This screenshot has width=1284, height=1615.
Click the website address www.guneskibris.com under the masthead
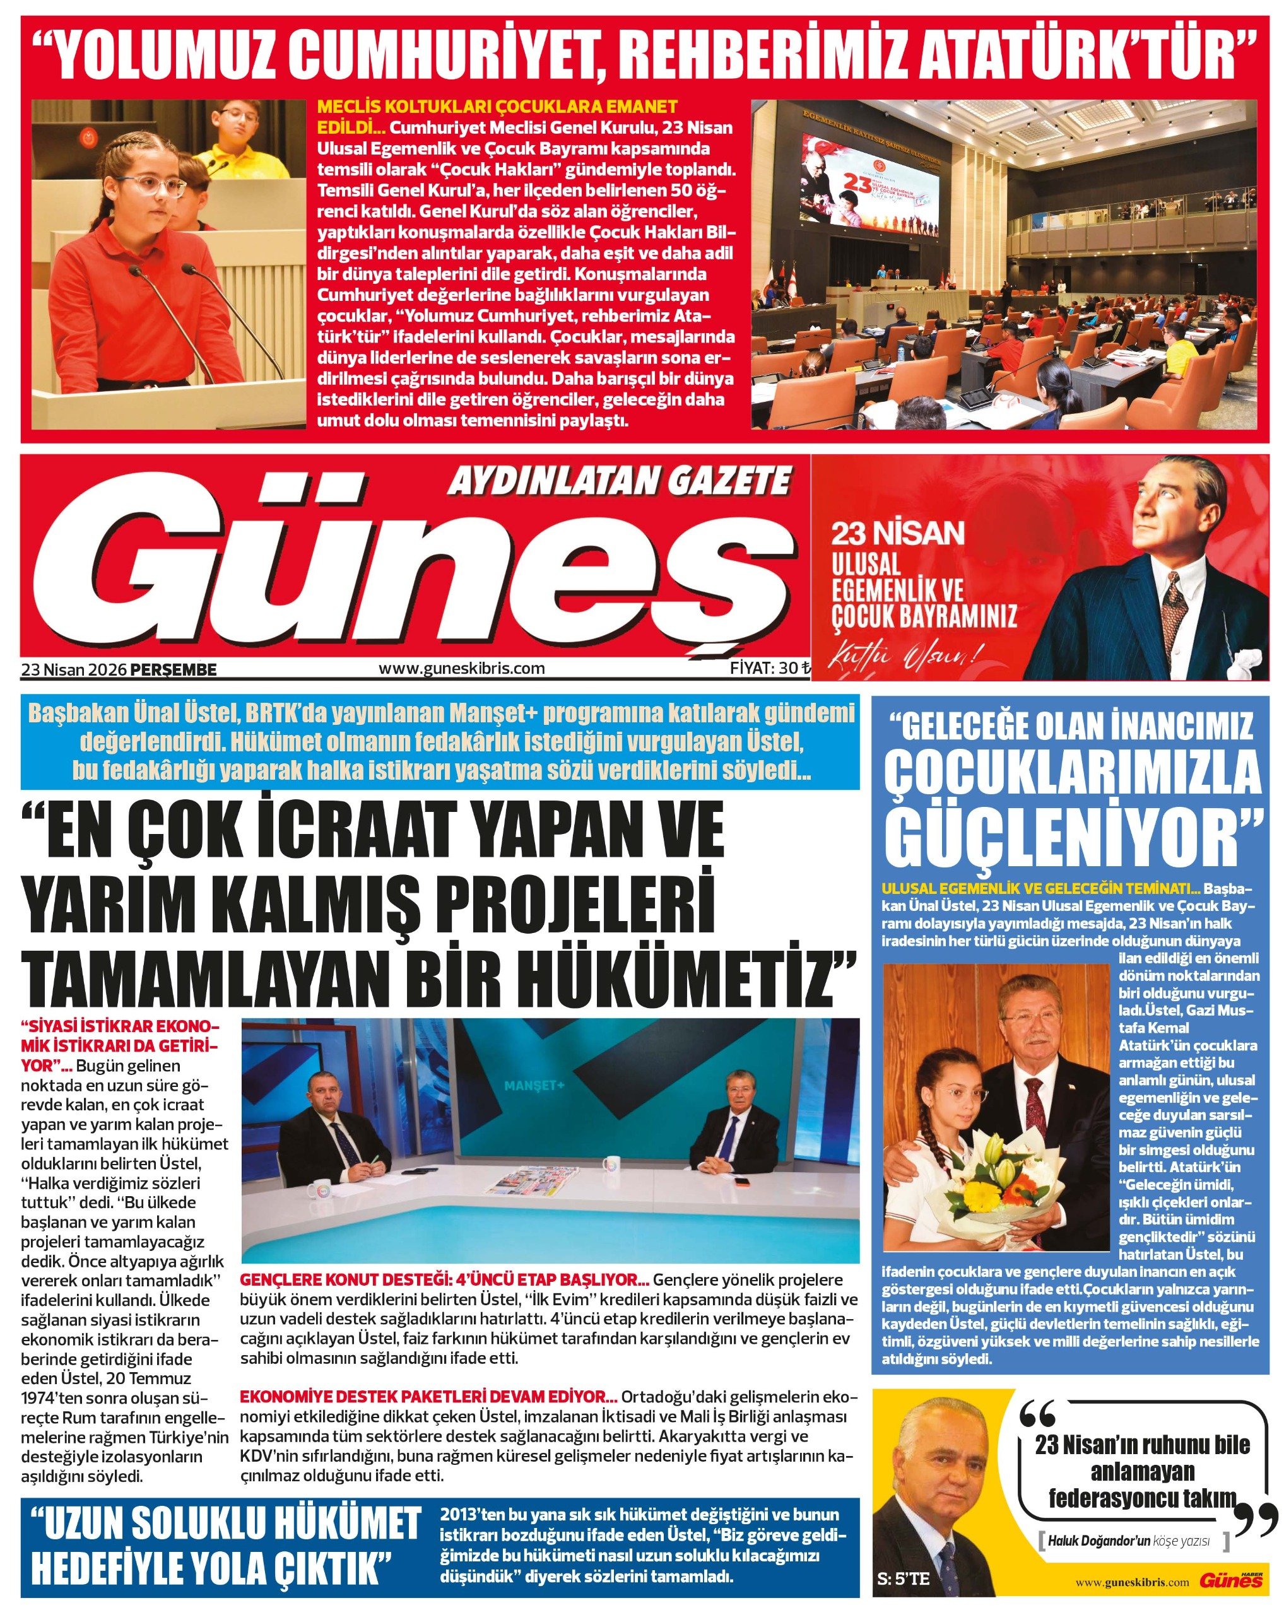[x=461, y=668]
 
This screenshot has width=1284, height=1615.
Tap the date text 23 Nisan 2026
[x=74, y=670]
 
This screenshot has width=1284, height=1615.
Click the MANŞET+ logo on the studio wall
[x=533, y=1086]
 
